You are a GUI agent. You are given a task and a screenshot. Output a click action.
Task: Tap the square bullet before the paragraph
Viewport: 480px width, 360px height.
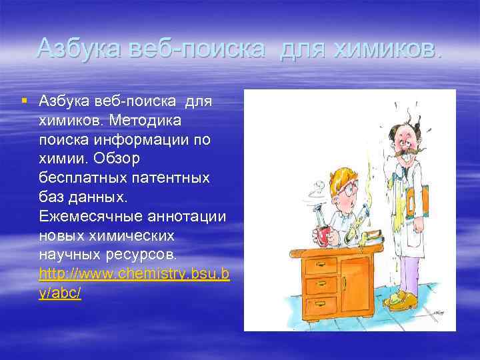24,101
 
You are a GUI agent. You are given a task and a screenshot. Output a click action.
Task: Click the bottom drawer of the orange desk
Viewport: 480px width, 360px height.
320,305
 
